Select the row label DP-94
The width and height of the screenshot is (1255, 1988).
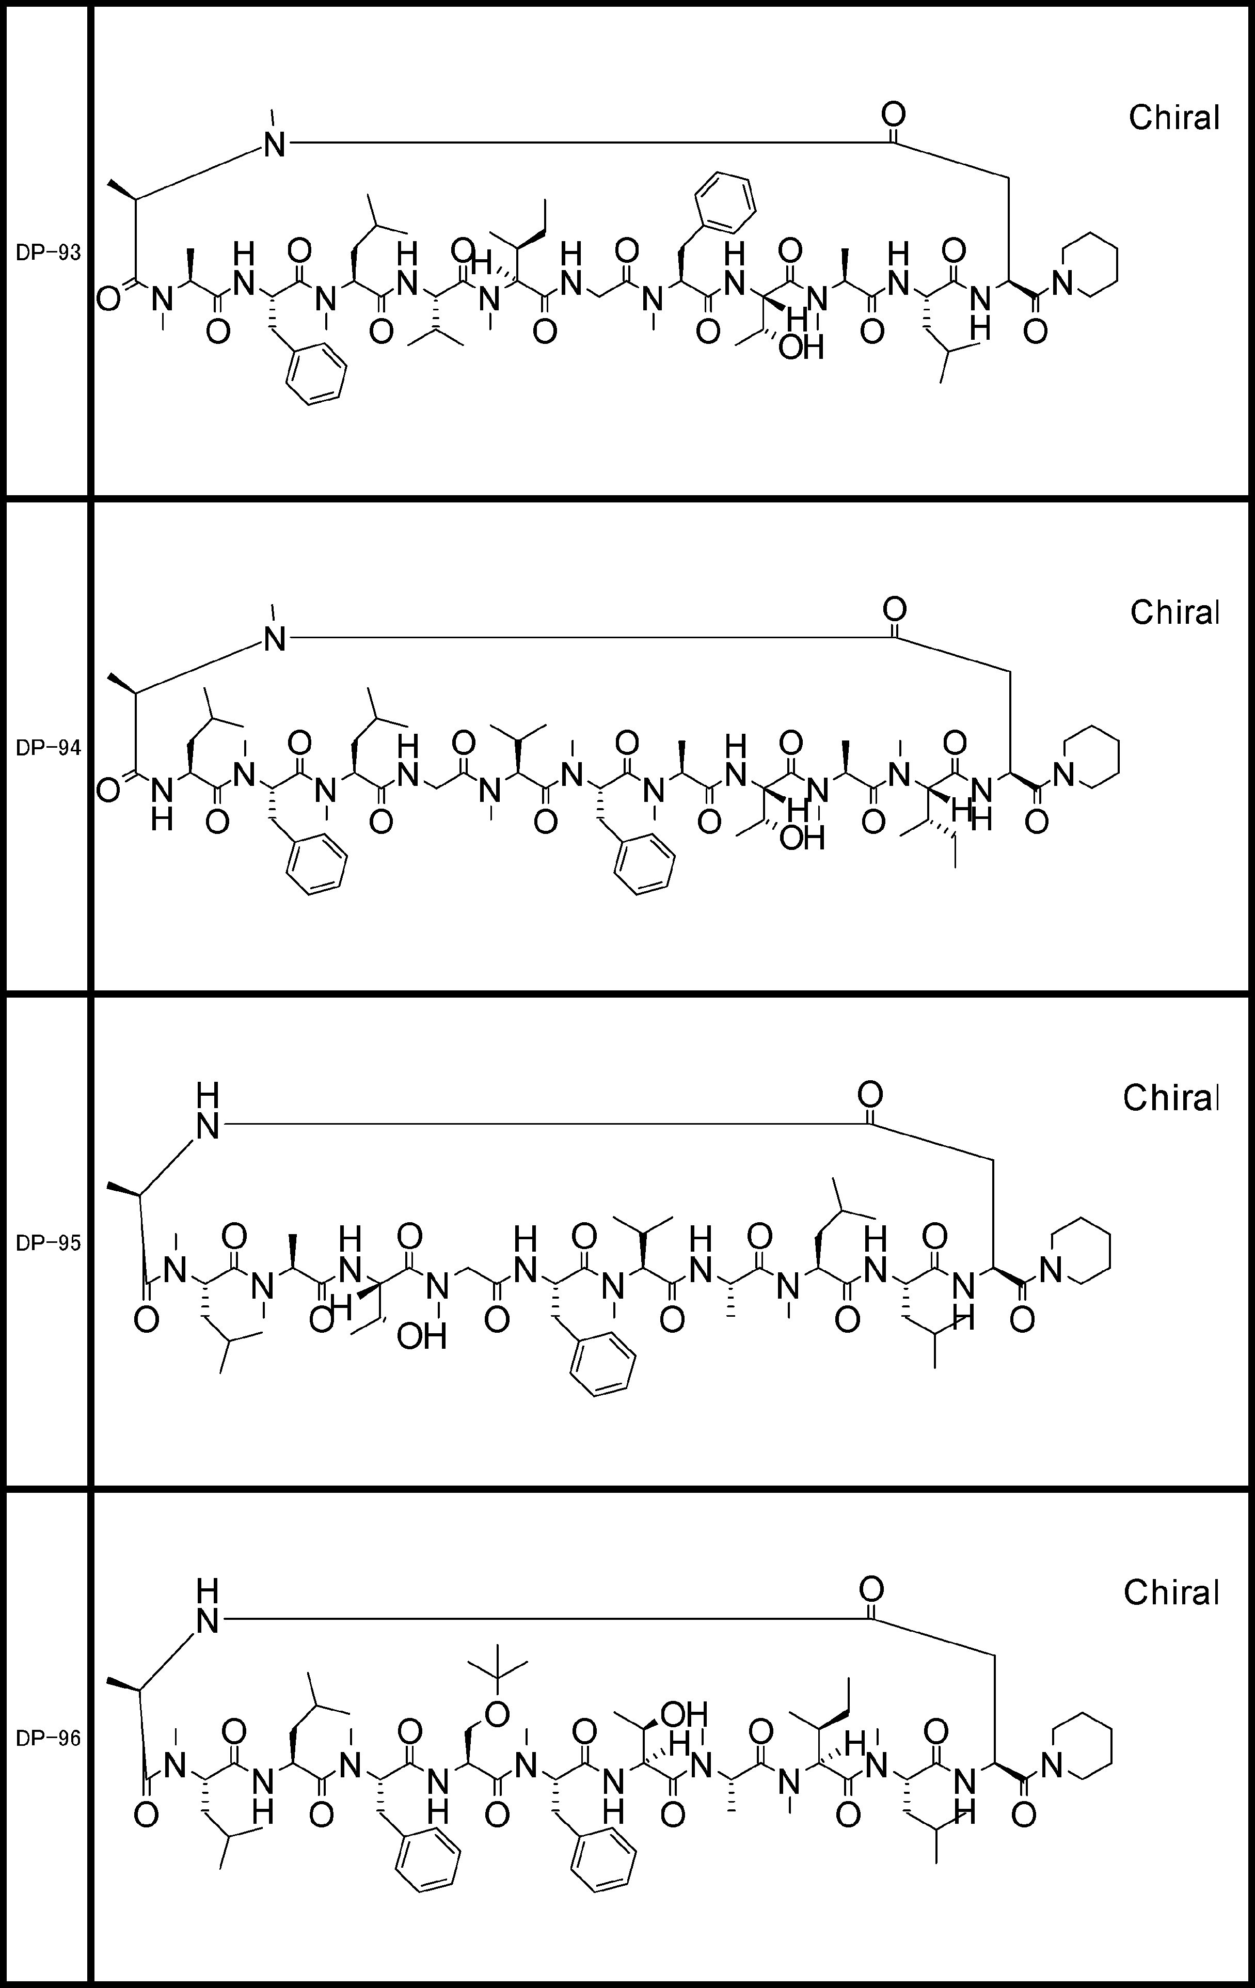click(x=49, y=749)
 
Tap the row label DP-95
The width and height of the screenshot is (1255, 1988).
click(x=49, y=1243)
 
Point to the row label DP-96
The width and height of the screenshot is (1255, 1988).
click(x=49, y=1739)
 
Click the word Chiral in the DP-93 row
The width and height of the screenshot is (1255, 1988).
click(x=1173, y=118)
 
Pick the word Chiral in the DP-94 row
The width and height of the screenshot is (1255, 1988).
click(x=1174, y=612)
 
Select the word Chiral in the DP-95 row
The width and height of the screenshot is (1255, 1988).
click(x=1171, y=1097)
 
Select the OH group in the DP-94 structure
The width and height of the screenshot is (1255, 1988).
click(x=803, y=840)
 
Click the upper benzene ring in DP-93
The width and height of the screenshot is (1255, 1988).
click(x=725, y=202)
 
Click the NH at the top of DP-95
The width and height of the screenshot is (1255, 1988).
click(x=208, y=1110)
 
